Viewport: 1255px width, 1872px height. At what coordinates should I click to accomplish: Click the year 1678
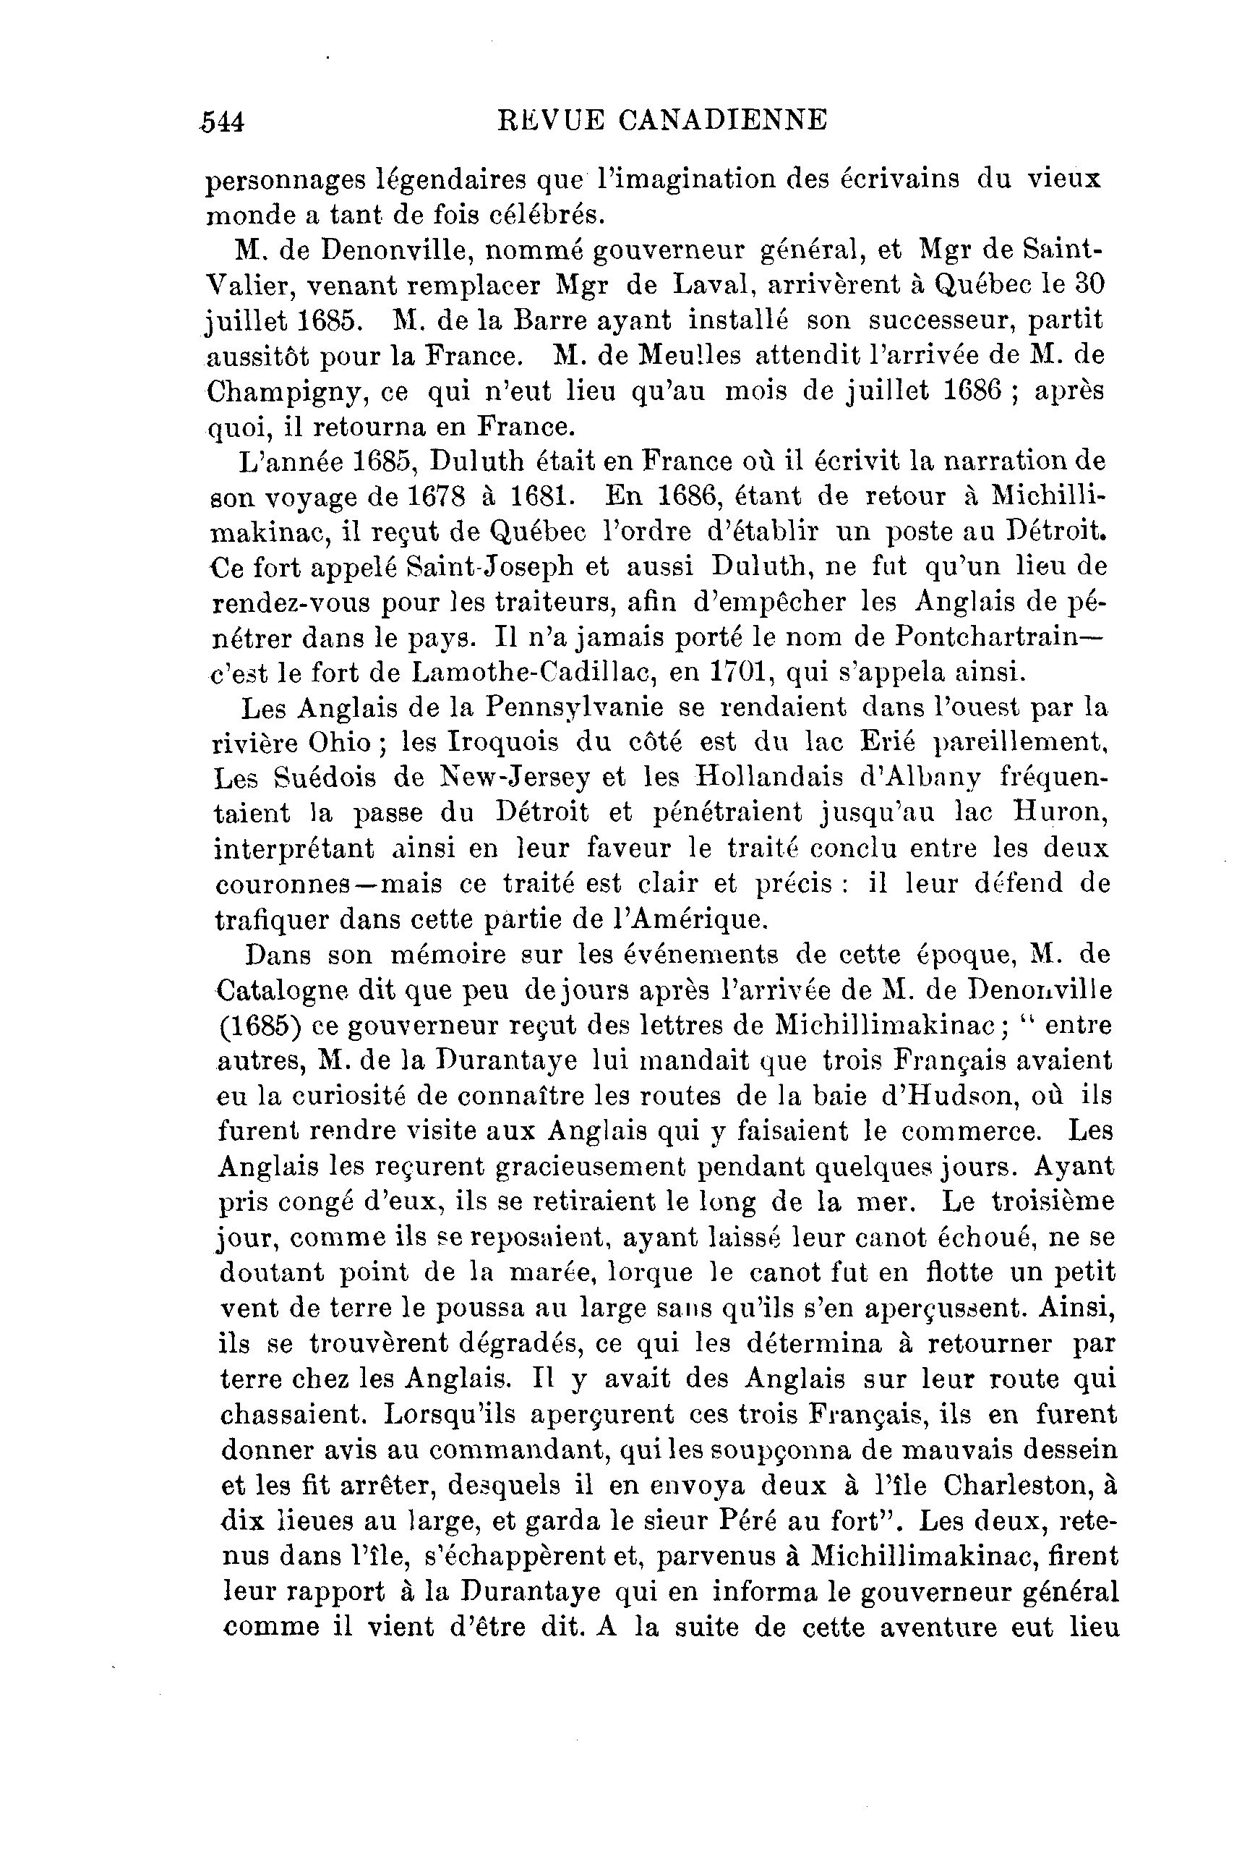[x=436, y=496]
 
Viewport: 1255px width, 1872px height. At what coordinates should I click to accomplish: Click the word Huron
[x=1060, y=814]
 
